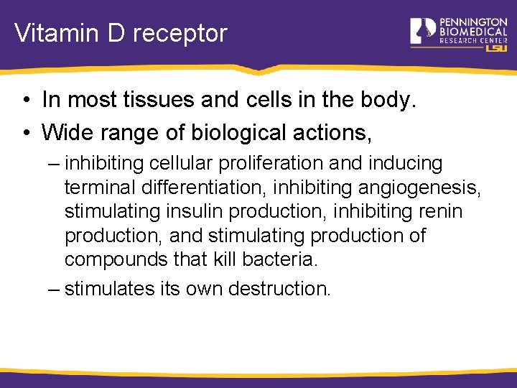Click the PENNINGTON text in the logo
473,22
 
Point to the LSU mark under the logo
496,47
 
